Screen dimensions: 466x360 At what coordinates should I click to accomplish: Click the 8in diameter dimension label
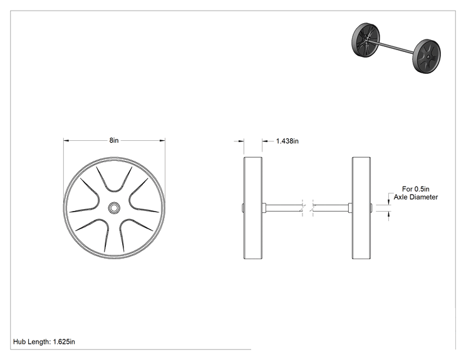coord(114,140)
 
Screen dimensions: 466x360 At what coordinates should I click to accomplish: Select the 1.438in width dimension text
coord(287,141)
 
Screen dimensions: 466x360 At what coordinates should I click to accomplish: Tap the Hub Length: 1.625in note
coord(44,342)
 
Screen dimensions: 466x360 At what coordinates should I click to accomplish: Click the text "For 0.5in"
coord(415,189)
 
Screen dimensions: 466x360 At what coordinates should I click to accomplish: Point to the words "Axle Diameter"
coord(416,197)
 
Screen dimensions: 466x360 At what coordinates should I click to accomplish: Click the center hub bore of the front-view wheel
coord(114,208)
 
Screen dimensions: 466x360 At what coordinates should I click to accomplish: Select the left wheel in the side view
coord(253,208)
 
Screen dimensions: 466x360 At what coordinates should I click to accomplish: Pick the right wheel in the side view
coord(361,208)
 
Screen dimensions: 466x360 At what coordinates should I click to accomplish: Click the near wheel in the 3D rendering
coord(427,56)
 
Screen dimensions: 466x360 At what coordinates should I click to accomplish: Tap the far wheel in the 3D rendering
coord(366,39)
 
